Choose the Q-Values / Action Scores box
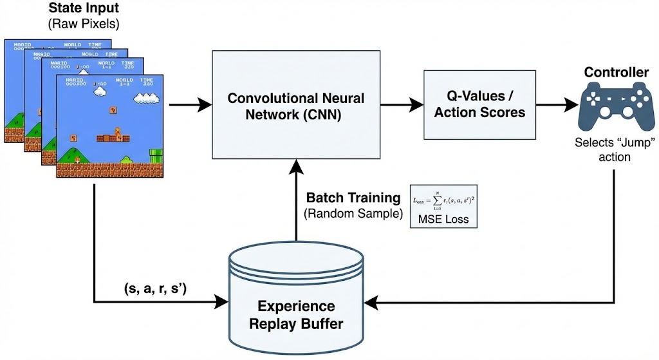point(479,104)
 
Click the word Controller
point(616,72)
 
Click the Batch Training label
point(348,198)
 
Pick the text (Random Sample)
point(348,213)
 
